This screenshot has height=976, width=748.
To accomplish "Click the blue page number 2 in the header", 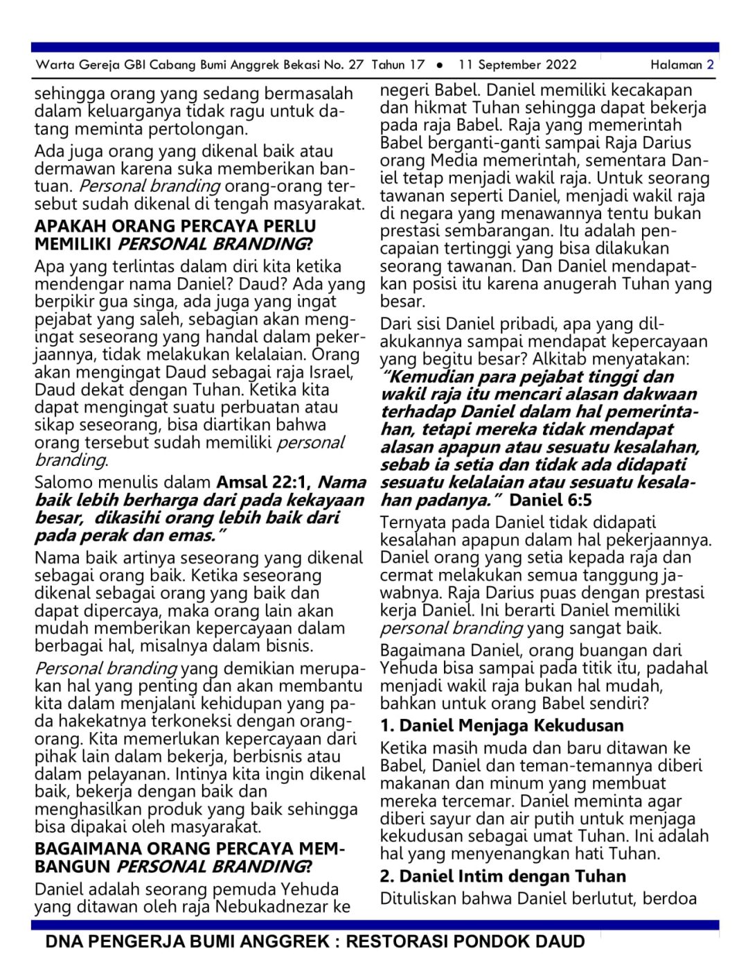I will [x=710, y=65].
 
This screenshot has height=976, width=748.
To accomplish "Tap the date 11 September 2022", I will [x=517, y=65].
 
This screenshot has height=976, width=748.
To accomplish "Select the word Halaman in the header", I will [x=676, y=65].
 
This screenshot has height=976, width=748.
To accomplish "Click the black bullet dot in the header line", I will [x=440, y=65].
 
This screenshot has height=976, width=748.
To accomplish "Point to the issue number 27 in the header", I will [x=355, y=65].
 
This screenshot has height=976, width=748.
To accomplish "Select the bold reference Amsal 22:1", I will [x=264, y=482].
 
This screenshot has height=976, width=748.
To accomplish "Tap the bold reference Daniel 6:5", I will [x=551, y=500].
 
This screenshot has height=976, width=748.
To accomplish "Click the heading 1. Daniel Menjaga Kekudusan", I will [x=502, y=726].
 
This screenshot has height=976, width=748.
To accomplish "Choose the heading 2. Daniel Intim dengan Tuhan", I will [x=503, y=876].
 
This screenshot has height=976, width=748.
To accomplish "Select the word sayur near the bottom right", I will [x=436, y=819].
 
